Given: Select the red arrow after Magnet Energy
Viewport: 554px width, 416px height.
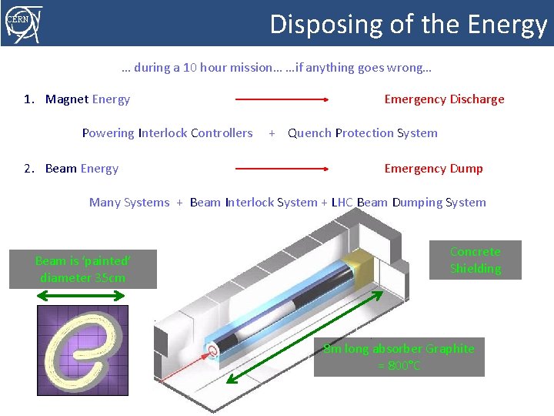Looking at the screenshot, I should pos(282,99).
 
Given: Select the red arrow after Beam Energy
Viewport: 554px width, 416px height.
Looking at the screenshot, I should pos(282,168).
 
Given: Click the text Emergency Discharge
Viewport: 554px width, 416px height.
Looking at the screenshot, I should pos(444,99).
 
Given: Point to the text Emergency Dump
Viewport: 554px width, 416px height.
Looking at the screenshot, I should pos(433,169).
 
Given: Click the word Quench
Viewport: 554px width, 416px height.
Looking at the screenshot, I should pos(309,133).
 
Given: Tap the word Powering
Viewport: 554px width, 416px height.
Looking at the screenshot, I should pos(108,133).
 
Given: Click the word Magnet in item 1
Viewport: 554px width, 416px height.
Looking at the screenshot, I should pos(67,99).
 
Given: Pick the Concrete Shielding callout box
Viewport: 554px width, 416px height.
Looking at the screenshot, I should pos(475,260).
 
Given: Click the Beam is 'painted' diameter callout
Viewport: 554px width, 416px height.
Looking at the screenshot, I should pos(82,269).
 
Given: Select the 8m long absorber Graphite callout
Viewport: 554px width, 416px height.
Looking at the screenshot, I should pos(399,357).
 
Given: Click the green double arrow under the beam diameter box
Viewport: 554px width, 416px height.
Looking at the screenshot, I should pos(82,297).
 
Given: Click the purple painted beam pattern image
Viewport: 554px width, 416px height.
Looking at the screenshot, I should pos(82,351).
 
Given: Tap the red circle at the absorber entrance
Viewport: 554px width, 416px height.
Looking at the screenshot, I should pos(210,351).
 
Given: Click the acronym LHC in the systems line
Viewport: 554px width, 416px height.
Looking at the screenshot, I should pos(342,203).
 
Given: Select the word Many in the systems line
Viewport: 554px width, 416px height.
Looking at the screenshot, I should pos(104,203).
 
